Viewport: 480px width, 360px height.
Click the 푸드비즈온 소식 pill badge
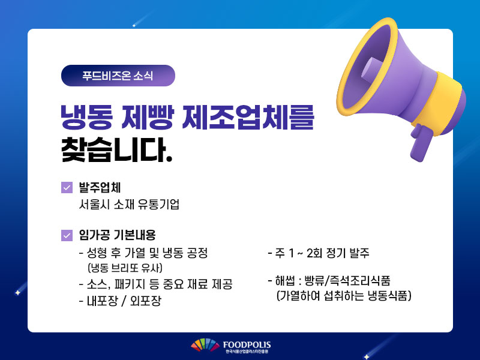click(x=118, y=76)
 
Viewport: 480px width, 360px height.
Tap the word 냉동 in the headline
click(x=86, y=117)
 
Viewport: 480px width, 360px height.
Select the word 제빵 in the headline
click(x=148, y=117)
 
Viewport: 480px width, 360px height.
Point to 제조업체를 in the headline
click(x=248, y=117)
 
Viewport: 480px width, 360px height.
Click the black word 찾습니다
click(x=116, y=149)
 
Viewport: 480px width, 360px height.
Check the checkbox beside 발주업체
click(x=67, y=188)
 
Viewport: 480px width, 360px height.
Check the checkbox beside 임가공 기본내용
click(x=67, y=235)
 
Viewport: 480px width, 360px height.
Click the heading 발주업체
click(x=100, y=187)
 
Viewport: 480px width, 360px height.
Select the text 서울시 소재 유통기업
click(x=129, y=204)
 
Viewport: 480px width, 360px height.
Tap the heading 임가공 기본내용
click(x=117, y=235)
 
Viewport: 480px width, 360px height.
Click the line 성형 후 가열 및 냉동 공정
click(x=143, y=253)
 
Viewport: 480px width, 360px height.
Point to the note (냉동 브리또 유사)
click(x=125, y=268)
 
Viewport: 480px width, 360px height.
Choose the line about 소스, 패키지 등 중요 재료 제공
click(x=155, y=284)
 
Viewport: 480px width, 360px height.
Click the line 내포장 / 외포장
click(x=120, y=301)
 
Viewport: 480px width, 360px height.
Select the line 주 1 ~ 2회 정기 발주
click(x=319, y=253)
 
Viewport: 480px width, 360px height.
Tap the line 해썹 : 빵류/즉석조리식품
click(x=329, y=280)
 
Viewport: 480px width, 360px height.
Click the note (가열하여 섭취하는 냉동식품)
click(x=344, y=296)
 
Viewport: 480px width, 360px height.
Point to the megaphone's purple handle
click(x=421, y=143)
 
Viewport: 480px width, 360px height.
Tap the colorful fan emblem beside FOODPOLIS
click(x=205, y=344)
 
